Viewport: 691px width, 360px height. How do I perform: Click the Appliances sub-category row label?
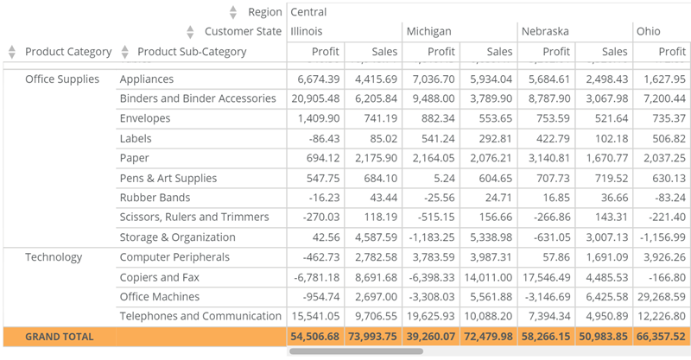point(147,79)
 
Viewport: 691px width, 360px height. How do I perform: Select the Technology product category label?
point(54,257)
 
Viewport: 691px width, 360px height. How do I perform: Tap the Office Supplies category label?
point(61,79)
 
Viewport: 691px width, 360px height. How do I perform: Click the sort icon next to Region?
point(232,12)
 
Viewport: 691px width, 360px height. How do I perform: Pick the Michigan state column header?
point(429,32)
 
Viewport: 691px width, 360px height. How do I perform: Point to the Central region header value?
point(308,12)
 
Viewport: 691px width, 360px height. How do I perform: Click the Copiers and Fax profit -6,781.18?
point(315,277)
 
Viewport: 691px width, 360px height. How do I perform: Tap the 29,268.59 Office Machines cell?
point(662,297)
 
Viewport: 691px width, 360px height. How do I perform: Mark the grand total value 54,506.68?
point(315,336)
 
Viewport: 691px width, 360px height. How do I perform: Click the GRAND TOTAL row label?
point(59,336)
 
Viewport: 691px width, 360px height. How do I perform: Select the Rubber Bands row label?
point(155,198)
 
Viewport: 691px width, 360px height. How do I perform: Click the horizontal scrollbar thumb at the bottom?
point(356,351)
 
